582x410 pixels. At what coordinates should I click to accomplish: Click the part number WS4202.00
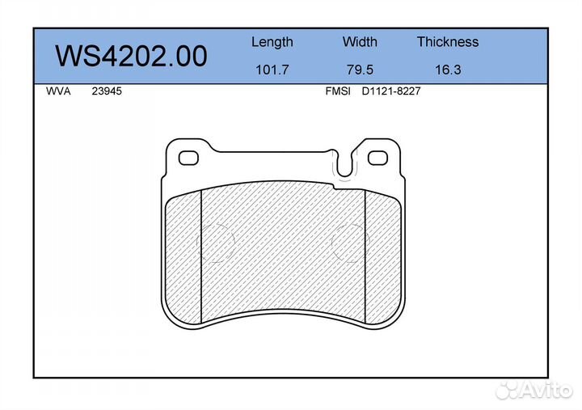pyautogui.click(x=131, y=56)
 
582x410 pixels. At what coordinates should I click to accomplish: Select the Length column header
pyautogui.click(x=272, y=42)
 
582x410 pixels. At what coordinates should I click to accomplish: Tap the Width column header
pyautogui.click(x=360, y=41)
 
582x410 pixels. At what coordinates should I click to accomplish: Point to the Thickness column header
pyautogui.click(x=448, y=41)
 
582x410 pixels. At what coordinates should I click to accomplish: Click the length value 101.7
pyautogui.click(x=272, y=70)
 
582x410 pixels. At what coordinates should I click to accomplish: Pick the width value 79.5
pyautogui.click(x=360, y=70)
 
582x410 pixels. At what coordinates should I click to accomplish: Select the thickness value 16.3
pyautogui.click(x=448, y=70)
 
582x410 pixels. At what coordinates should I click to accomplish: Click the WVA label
pyautogui.click(x=58, y=91)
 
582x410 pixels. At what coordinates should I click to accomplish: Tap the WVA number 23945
pyautogui.click(x=107, y=91)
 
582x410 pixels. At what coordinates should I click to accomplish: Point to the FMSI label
pyautogui.click(x=338, y=91)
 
